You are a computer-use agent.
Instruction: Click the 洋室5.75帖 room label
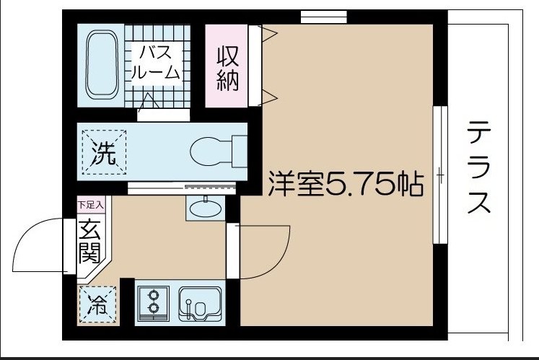(x=345, y=186)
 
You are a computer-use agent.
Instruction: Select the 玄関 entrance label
(x=91, y=243)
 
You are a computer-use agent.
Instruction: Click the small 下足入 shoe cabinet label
(x=91, y=205)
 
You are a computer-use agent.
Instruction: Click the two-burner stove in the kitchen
(x=153, y=302)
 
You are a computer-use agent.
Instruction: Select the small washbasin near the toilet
(x=206, y=208)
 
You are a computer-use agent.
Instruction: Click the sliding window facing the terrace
(x=437, y=175)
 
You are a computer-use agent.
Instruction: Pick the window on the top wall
(x=323, y=17)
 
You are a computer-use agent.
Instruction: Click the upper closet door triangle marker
(x=268, y=32)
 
